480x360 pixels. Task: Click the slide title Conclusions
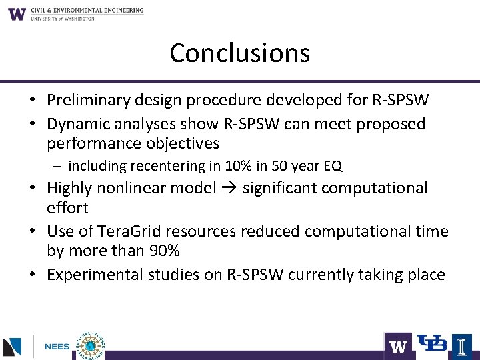pyautogui.click(x=240, y=53)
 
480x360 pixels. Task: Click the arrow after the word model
pyautogui.click(x=229, y=189)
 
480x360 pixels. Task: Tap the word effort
pyautogui.click(x=67, y=208)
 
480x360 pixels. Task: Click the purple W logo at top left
pyautogui.click(x=17, y=13)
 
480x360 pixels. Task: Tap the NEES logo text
pyautogui.click(x=58, y=347)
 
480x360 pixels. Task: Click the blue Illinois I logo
pyautogui.click(x=461, y=345)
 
